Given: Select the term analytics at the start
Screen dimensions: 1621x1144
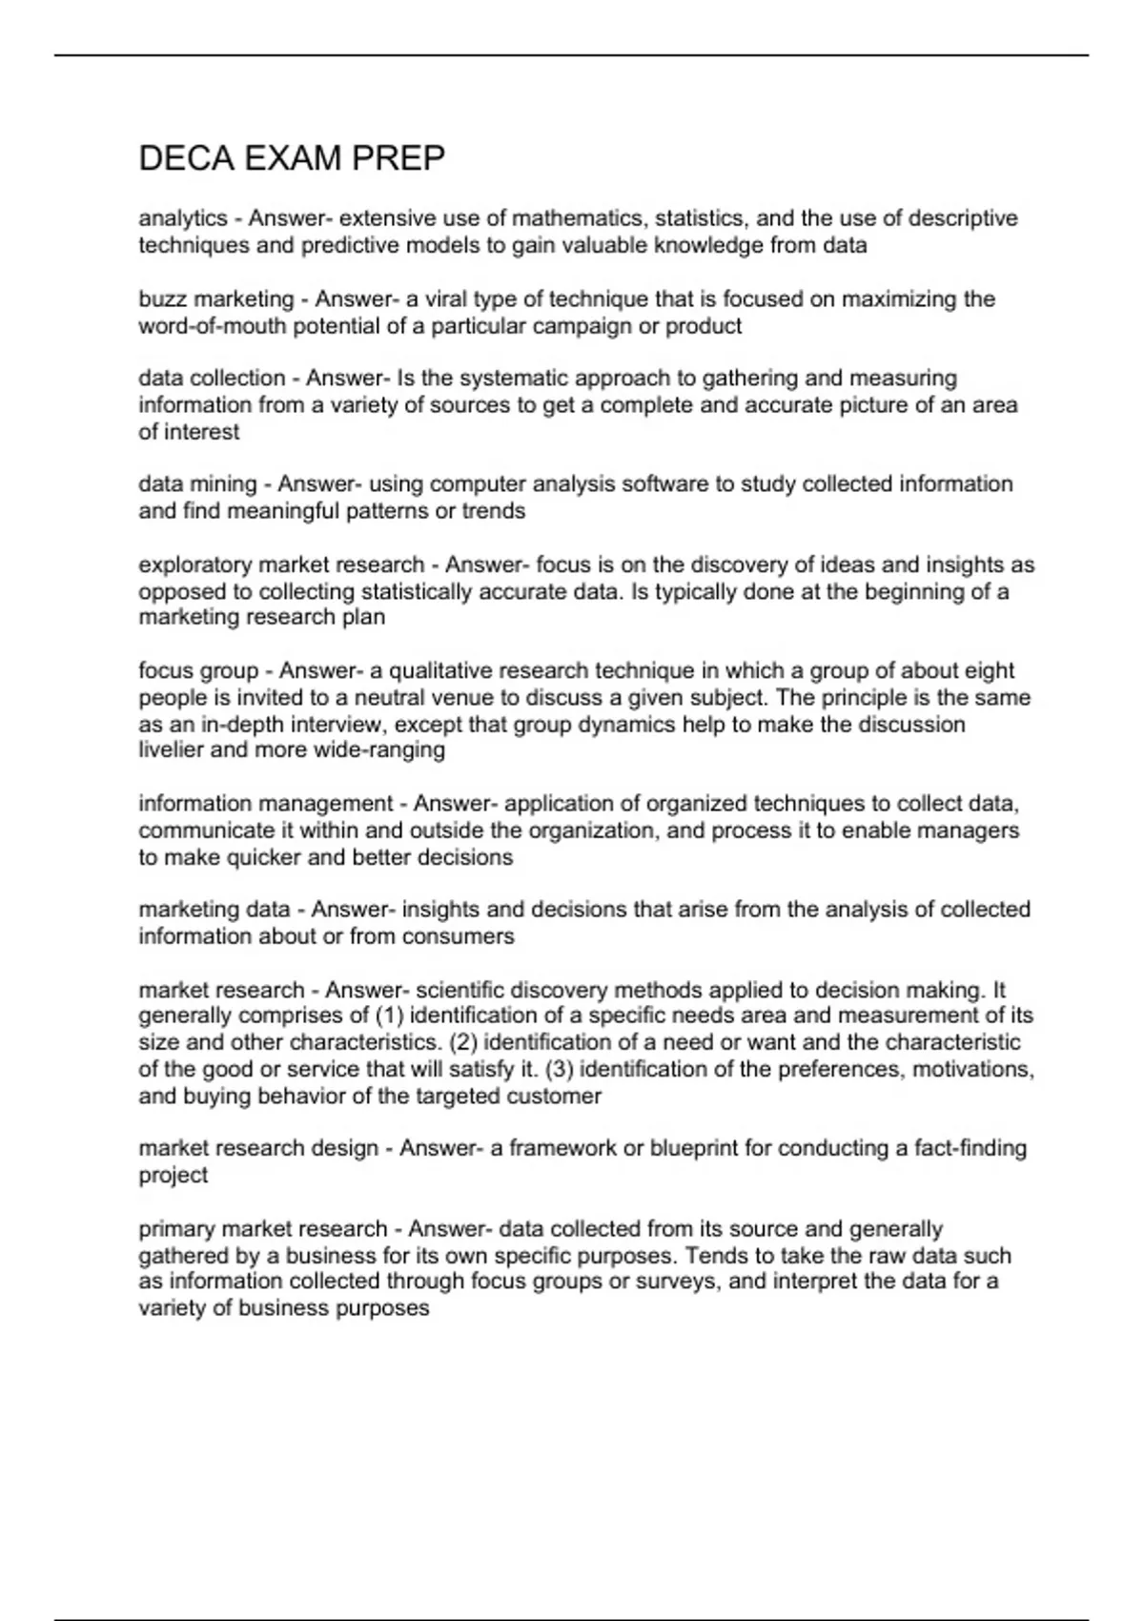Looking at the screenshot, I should tap(183, 218).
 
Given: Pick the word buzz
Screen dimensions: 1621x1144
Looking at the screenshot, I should tap(163, 299).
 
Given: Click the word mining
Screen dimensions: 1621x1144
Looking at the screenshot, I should tap(224, 484).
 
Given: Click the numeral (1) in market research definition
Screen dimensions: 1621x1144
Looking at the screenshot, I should tap(391, 1016).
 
